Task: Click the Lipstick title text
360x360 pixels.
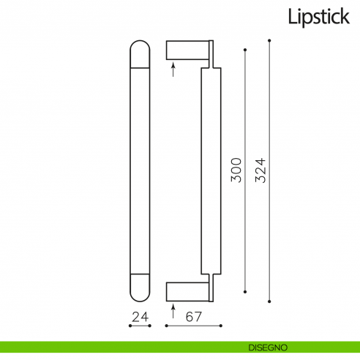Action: point(318,15)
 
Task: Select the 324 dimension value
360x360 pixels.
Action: point(260,170)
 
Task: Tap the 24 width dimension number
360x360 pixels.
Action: point(140,317)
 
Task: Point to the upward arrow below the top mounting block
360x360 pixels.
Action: point(173,69)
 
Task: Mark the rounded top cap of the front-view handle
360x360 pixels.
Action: point(140,53)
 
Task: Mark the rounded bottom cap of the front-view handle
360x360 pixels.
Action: point(140,288)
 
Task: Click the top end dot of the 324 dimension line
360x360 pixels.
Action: point(270,40)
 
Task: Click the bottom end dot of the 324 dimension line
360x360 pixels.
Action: point(270,301)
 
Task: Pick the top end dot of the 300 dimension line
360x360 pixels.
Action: point(245,50)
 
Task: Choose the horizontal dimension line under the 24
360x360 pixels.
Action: point(140,326)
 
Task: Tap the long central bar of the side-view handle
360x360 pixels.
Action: point(210,170)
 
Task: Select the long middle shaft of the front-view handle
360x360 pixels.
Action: point(140,170)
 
